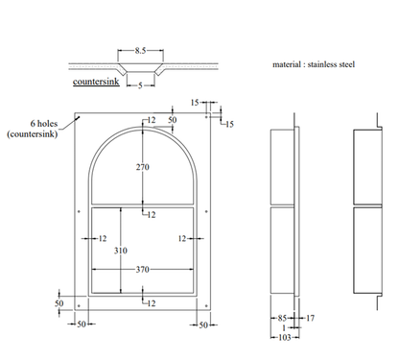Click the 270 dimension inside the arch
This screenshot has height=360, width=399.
tap(143, 166)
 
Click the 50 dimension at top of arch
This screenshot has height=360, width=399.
tap(172, 119)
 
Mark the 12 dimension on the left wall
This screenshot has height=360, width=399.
tap(102, 237)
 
